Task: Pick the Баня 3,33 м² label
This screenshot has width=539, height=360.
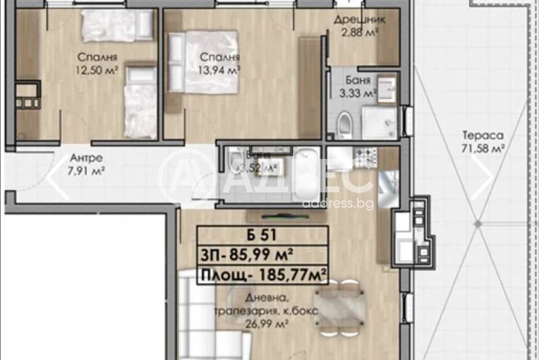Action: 362,85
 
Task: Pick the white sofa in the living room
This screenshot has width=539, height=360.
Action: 205,318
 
